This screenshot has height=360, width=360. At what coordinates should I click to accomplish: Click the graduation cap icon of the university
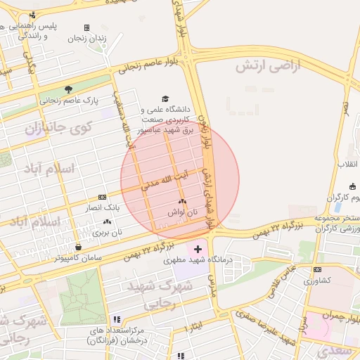point(165,99)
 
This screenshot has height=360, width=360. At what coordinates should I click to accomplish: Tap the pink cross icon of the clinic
point(198,248)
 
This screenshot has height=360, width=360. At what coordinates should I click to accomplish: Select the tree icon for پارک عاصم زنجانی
point(68,89)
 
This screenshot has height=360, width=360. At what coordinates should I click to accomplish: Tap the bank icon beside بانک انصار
point(103,197)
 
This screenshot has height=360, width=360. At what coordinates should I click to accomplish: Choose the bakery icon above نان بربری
point(107,221)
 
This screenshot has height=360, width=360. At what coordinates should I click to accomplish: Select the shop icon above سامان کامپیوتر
point(78,247)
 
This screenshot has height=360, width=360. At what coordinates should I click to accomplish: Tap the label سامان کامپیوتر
point(78,258)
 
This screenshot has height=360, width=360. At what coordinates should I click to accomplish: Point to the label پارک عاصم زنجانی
point(69,100)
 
